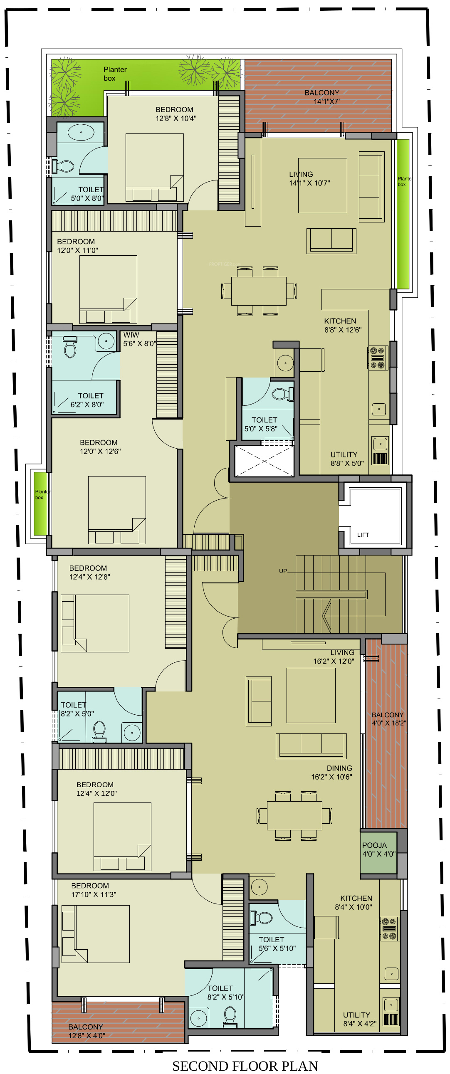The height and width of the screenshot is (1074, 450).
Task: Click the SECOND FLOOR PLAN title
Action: pos(245,1066)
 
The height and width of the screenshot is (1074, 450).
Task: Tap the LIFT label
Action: pos(363,534)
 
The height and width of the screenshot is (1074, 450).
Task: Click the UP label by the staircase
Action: pos(283,571)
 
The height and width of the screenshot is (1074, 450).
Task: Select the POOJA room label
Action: pos(374,845)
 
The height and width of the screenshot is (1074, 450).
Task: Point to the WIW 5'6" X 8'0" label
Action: pos(139,339)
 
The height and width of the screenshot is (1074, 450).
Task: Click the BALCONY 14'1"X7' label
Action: pos(322,97)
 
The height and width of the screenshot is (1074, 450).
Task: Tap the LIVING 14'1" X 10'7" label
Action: pos(309,178)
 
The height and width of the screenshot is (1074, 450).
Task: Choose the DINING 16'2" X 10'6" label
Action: pos(331,772)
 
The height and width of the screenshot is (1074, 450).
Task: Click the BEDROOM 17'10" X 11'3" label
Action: pos(94,890)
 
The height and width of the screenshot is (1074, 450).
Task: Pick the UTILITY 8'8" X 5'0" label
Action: pos(347,459)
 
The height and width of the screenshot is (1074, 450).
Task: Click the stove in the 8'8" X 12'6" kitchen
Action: pos(378,358)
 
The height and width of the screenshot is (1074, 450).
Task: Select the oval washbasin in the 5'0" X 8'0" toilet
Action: pos(81,133)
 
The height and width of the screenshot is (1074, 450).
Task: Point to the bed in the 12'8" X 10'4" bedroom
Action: pos(154,167)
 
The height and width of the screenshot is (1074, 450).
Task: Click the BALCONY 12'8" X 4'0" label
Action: pos(87,1031)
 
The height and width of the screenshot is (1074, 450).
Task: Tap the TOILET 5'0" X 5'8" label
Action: pos(261,424)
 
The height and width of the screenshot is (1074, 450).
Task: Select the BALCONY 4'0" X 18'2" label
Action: pos(389,719)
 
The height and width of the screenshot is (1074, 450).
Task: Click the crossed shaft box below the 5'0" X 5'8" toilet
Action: pos(265,461)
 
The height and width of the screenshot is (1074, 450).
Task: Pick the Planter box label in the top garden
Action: pos(115,74)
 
